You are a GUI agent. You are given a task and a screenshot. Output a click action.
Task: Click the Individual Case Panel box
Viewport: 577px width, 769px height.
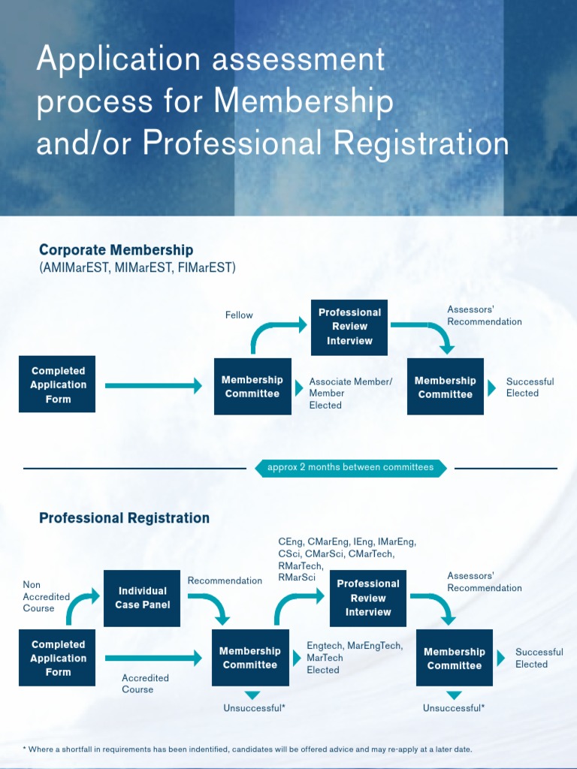(142, 598)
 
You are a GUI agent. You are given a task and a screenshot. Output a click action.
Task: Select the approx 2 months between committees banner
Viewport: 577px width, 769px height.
(351, 467)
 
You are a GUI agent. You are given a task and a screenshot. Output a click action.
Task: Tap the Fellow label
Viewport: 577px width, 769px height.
(239, 315)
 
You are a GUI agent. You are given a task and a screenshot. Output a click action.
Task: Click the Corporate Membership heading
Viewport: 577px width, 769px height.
(116, 250)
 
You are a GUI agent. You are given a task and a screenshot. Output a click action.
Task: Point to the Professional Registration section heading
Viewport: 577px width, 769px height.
(124, 518)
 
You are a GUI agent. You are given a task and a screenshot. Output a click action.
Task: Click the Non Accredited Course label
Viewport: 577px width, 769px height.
(46, 596)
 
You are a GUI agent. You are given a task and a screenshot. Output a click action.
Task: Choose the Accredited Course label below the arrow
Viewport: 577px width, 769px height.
(145, 683)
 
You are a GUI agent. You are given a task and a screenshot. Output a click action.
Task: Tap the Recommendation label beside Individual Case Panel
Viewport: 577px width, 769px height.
(225, 581)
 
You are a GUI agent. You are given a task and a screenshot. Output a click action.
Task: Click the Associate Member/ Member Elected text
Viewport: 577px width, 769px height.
(350, 393)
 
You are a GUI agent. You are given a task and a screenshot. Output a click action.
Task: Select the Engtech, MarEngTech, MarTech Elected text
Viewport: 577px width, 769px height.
(355, 657)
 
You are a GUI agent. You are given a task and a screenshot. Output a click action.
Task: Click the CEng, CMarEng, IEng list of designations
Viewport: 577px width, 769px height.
(346, 559)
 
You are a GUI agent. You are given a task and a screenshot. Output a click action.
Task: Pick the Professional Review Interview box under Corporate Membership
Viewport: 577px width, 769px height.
(349, 327)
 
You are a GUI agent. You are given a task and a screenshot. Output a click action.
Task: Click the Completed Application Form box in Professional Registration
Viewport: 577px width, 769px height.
(57, 659)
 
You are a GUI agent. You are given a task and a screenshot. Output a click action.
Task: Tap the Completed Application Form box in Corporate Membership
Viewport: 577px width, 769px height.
(57, 384)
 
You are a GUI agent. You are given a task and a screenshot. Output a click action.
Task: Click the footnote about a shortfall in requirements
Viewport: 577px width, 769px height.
(247, 749)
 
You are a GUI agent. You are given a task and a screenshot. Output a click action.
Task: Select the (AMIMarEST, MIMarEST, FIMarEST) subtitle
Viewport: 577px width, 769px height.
(137, 267)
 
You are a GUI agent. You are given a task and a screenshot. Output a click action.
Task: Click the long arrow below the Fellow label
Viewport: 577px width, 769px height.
(153, 386)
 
